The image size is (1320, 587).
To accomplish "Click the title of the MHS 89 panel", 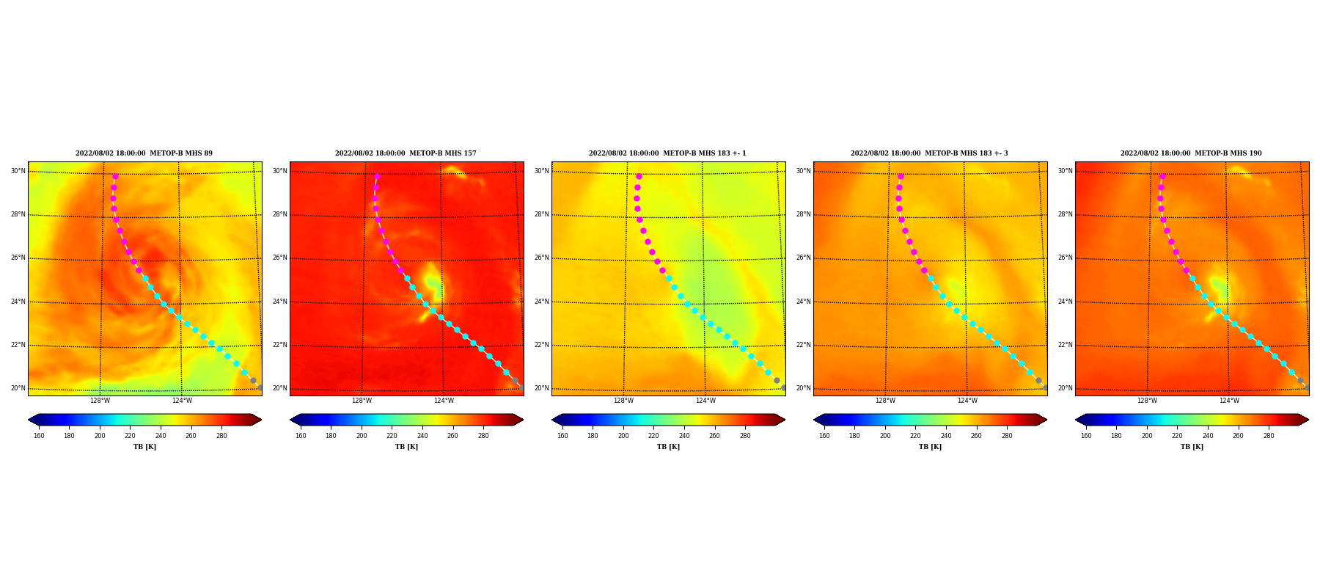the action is tap(144, 153).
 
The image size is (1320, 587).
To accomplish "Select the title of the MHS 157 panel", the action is tap(406, 153).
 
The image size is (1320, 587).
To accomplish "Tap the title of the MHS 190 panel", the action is tap(1191, 153).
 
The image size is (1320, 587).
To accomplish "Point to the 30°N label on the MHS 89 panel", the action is tap(18, 171).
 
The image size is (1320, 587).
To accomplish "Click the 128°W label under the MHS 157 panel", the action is tap(362, 401).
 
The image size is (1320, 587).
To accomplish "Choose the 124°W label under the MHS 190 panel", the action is tap(1229, 401).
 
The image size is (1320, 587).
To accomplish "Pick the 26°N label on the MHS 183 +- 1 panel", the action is tap(541, 258).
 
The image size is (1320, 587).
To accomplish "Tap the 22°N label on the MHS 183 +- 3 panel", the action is tap(803, 345).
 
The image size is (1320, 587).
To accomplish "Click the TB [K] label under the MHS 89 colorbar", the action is tap(144, 447).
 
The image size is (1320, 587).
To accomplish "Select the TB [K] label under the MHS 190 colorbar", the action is tap(1192, 447).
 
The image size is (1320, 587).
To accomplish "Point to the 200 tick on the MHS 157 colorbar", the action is tap(362, 436).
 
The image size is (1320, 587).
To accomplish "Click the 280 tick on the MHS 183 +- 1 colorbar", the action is tap(745, 436).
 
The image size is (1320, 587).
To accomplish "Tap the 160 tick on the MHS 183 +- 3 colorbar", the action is tap(824, 436).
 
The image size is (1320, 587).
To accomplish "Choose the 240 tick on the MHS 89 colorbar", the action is tap(161, 436).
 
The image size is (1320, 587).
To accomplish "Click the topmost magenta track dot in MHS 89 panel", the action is tap(115, 176).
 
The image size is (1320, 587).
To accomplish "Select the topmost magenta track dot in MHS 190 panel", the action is tap(1162, 176).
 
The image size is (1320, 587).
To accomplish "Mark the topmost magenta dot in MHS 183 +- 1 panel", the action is tap(639, 176).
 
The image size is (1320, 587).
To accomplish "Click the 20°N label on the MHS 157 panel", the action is tap(279, 389).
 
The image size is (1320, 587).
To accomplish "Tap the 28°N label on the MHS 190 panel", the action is tap(1065, 215).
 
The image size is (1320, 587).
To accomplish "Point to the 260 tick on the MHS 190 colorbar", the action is tap(1238, 436).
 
